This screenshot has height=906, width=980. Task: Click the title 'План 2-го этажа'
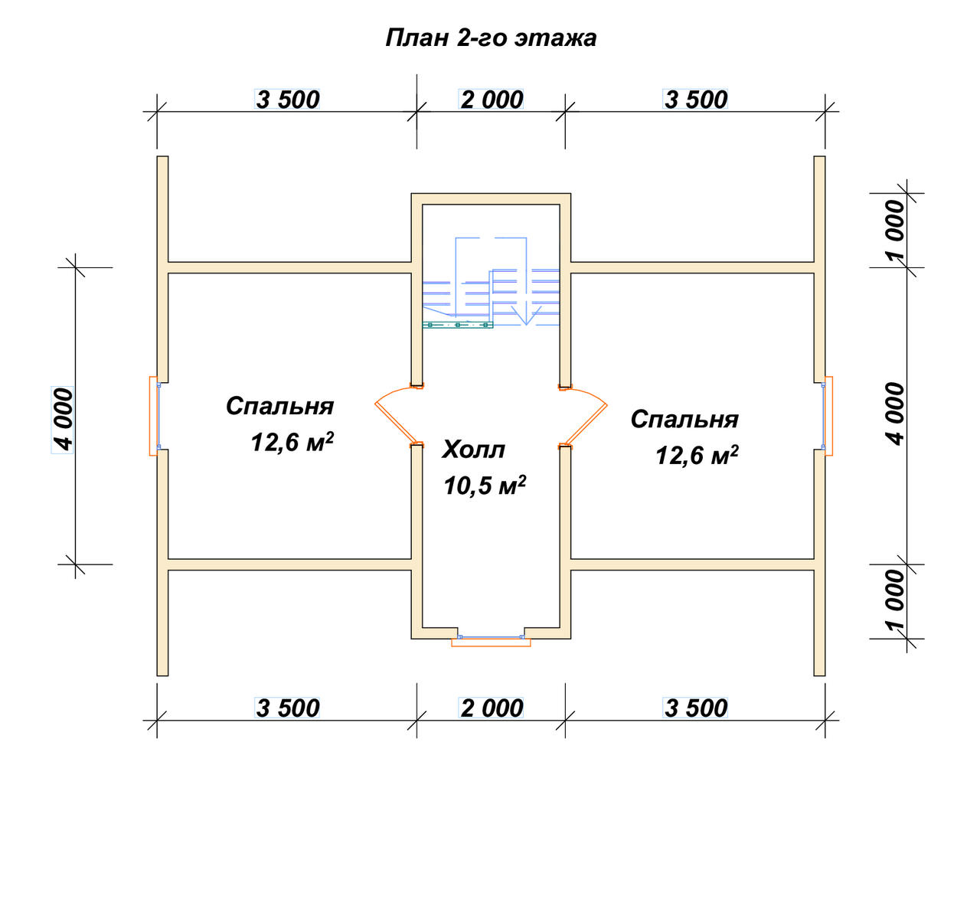491,38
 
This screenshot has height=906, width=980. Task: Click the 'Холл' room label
473,450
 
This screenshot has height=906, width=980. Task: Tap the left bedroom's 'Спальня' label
279,406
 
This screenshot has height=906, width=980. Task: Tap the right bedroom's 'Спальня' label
684,419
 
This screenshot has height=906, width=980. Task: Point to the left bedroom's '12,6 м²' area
292,441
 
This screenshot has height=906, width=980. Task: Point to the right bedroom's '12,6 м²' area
697,455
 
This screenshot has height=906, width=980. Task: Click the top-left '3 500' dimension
287,100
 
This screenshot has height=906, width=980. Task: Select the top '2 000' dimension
491,100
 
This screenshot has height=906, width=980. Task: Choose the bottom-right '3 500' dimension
695,708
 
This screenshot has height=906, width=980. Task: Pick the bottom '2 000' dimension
491,708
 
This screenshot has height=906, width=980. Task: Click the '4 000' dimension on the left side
63,420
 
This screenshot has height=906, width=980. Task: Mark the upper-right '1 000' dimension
896,230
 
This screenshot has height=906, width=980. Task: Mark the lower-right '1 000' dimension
896,600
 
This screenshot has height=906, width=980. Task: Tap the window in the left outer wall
155,416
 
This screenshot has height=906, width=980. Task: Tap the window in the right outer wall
828,416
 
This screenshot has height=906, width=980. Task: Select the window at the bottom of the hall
491,640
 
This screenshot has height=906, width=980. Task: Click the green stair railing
457,325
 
